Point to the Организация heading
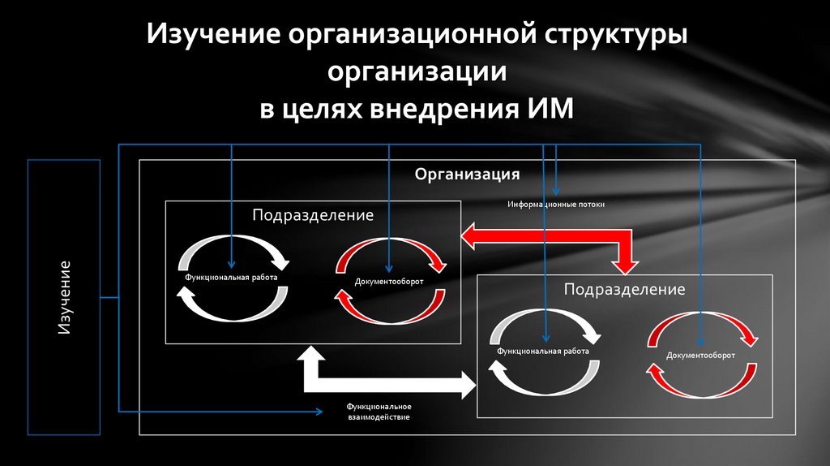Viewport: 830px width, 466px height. [x=467, y=174]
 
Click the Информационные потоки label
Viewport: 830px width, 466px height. [x=556, y=205]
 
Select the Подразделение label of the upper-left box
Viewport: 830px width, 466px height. [x=312, y=215]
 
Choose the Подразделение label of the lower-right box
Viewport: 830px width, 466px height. [x=624, y=289]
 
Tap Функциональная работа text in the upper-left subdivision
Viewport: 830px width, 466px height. [x=231, y=277]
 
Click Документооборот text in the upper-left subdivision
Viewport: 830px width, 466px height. [x=389, y=283]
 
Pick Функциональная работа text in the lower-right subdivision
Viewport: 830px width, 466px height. [x=543, y=351]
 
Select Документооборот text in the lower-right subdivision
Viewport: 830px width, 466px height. [x=701, y=356]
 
